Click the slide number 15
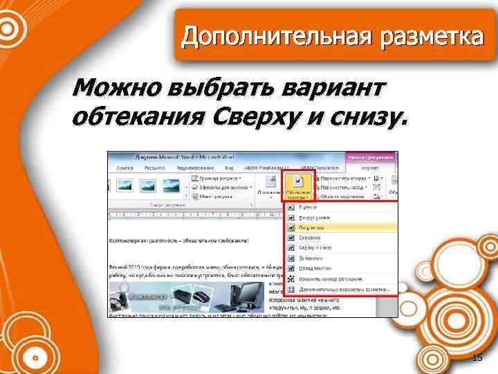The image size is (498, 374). pyautogui.click(x=477, y=357)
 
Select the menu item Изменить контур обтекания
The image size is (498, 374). pyautogui.click(x=325, y=278)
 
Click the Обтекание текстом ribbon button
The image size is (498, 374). pyautogui.click(x=297, y=186)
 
